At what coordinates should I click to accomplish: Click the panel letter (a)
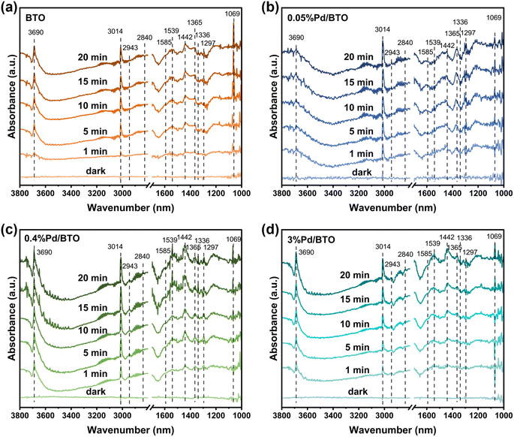(x=11, y=8)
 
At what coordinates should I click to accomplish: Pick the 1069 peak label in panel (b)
(x=494, y=17)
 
